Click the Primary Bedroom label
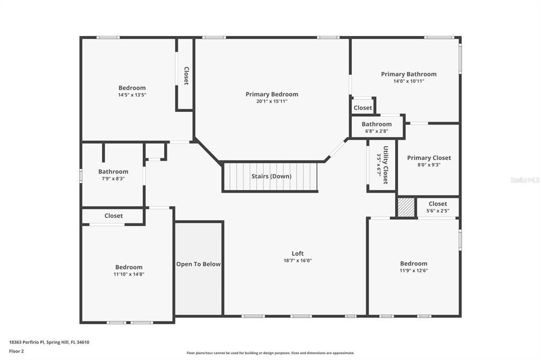[272, 94]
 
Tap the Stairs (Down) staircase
[270, 176]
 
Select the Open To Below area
[198, 264]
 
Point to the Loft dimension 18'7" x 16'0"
[297, 260]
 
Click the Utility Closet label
[386, 165]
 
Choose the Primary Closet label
[428, 158]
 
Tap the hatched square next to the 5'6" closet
[406, 207]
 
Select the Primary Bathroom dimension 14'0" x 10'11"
[408, 81]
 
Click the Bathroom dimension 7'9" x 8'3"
[113, 179]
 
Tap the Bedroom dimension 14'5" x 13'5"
[132, 95]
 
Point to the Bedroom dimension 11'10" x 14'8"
[129, 274]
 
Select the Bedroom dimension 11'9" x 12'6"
[413, 270]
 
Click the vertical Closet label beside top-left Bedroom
[186, 75]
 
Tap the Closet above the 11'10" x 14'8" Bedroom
[113, 216]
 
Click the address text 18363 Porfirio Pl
[49, 342]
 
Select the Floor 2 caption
[16, 351]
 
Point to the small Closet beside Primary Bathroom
[362, 108]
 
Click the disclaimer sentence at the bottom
[270, 353]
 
